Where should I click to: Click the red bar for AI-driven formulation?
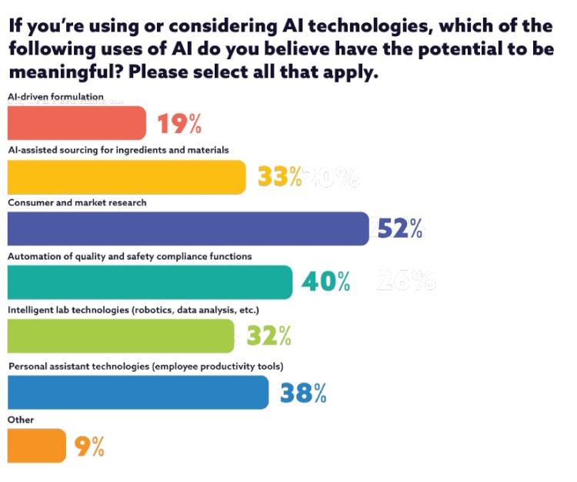[76, 122]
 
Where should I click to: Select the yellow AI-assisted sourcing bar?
[126, 177]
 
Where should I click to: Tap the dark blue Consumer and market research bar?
[188, 229]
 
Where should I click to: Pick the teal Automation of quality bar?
[149, 282]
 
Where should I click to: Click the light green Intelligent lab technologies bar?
[121, 336]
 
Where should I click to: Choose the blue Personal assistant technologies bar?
[138, 392]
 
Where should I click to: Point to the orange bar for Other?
[36, 445]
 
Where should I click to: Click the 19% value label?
[179, 124]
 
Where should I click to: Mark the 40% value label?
[326, 283]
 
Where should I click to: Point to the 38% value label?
[303, 393]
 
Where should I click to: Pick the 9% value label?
[89, 447]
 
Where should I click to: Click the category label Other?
[21, 420]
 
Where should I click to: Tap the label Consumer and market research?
[77, 203]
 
